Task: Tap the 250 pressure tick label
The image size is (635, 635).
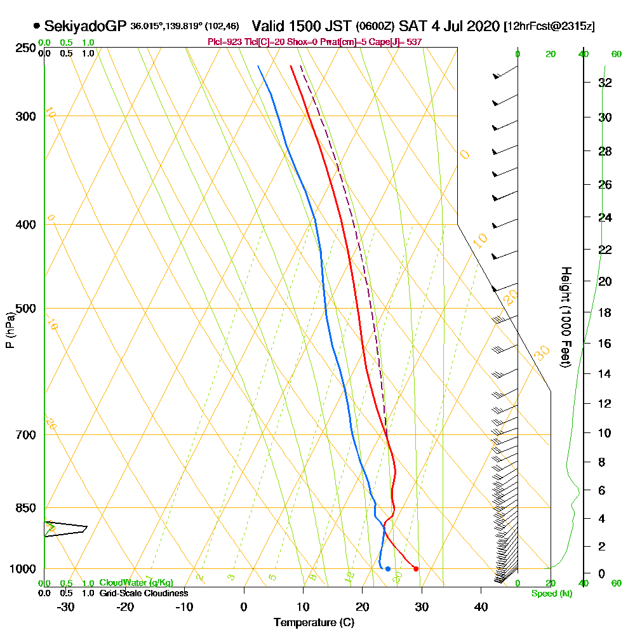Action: click(x=23, y=48)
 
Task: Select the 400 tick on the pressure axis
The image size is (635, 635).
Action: click(x=23, y=225)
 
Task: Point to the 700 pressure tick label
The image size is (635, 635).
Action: click(x=23, y=435)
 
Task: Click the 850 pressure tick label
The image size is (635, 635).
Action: click(x=23, y=508)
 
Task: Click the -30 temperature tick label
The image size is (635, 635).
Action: click(x=66, y=607)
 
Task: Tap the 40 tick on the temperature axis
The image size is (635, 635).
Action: click(x=481, y=607)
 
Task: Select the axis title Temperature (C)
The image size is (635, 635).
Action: click(x=314, y=623)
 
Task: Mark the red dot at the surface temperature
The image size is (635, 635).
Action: click(x=416, y=568)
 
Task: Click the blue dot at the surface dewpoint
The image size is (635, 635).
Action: click(x=388, y=568)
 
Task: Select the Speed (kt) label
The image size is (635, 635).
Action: click(x=551, y=593)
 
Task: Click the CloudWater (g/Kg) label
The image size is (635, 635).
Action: click(x=136, y=583)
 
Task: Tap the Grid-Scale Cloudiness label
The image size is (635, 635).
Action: click(x=144, y=593)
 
